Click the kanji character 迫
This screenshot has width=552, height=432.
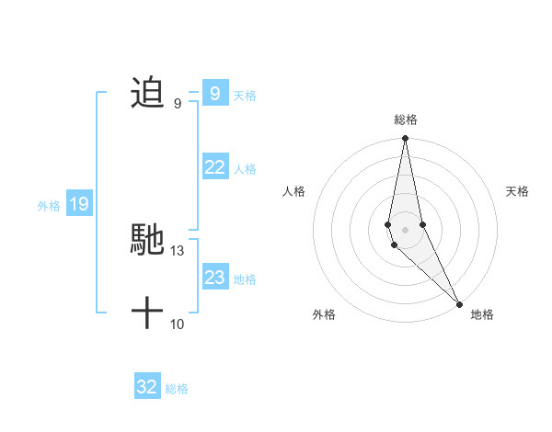147,93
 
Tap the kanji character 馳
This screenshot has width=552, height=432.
147,240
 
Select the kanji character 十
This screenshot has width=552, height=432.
147,313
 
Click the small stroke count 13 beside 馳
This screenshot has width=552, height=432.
178,250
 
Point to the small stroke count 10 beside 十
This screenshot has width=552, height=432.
178,324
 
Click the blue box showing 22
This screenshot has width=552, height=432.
214,167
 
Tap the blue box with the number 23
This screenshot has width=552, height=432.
214,278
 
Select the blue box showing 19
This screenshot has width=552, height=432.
78,204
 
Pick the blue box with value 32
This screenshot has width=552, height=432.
146,387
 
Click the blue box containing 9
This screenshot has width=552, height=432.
214,93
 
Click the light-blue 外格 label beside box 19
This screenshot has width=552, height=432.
49,206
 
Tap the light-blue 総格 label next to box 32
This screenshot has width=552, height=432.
177,389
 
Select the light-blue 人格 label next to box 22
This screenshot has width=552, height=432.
245,169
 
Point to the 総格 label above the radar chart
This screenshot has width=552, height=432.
406,120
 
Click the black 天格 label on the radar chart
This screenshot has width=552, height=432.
518,191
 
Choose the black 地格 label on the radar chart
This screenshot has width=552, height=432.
482,314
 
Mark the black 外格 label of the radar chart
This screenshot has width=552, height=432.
324,314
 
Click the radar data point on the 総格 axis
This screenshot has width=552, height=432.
406,139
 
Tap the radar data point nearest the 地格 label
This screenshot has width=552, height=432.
459,303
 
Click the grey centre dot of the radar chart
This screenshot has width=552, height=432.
406,229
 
